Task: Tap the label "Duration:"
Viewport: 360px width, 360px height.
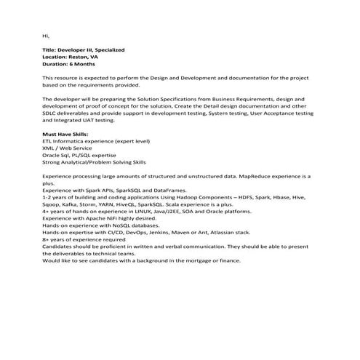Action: (57, 63)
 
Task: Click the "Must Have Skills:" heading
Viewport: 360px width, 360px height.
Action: (65, 134)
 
